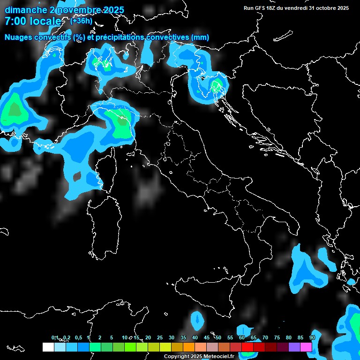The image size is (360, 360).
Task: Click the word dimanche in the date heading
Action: (25, 10)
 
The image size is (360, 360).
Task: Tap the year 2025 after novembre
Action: (111, 10)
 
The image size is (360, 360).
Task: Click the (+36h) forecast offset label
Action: (81, 21)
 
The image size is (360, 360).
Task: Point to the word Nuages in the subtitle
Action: (19, 37)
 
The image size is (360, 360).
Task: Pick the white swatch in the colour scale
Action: (48, 347)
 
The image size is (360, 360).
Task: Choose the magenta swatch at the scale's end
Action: (306, 347)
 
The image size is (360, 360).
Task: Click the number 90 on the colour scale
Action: (312, 337)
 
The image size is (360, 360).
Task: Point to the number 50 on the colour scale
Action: (218, 337)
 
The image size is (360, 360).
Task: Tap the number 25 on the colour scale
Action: (160, 337)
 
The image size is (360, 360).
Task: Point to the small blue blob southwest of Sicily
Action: (197, 320)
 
